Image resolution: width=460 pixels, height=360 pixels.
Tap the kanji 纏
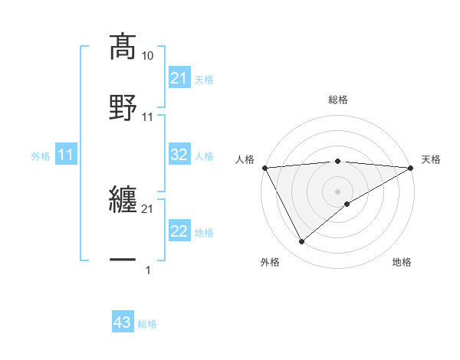coord(123,201)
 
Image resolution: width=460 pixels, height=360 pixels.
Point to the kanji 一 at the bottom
coord(123,260)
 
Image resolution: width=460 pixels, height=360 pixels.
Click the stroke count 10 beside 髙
coord(148,56)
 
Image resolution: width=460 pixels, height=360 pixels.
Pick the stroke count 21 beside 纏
coord(148,208)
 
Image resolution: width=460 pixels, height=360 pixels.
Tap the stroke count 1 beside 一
coord(148,270)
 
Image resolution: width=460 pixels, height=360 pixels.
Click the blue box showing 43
coord(123,323)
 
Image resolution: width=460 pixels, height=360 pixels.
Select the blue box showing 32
coord(179,155)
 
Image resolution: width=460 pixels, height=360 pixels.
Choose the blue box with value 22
coord(179,231)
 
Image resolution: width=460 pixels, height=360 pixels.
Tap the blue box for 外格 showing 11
coord(66,155)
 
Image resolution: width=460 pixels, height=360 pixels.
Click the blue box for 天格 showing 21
coord(179,78)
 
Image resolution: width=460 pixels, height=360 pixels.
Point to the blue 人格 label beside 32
coord(204,155)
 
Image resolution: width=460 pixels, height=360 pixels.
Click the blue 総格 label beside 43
coord(147,324)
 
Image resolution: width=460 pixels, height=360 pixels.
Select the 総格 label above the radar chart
coord(338,100)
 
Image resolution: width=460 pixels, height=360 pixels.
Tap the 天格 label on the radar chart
coord(432,159)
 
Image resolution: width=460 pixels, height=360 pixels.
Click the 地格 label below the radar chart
coord(402,262)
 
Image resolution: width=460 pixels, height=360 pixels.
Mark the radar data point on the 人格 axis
coord(264,168)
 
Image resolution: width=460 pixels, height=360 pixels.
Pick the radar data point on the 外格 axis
coord(301,242)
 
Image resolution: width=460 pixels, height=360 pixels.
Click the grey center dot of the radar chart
coord(338,191)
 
